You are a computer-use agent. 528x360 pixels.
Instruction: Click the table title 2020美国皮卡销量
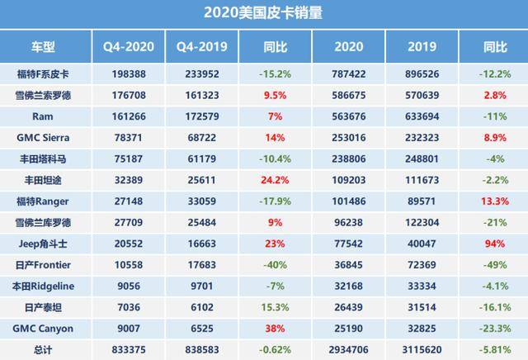[x=263, y=12]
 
